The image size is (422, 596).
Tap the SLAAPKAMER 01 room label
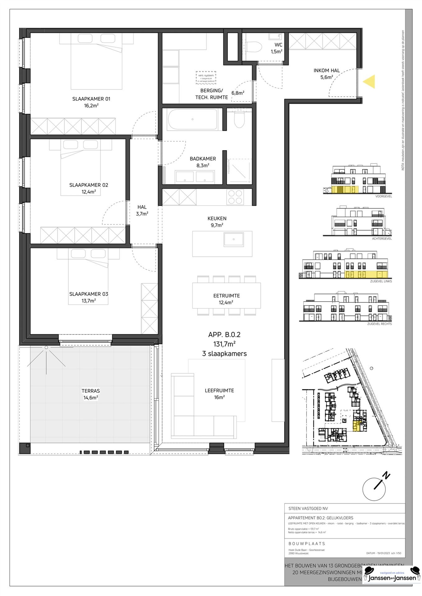(91, 99)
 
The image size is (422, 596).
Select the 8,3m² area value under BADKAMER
(203, 165)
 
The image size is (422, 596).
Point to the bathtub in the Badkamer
(192, 119)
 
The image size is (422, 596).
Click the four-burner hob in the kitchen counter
(235, 197)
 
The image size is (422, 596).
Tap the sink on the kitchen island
(234, 239)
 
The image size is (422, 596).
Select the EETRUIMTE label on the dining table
(226, 296)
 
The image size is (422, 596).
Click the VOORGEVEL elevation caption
(383, 197)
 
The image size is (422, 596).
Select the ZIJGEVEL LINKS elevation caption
(381, 281)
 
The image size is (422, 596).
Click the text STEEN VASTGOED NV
(308, 509)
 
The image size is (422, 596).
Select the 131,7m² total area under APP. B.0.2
(224, 344)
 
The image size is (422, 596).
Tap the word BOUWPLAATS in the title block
(307, 544)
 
